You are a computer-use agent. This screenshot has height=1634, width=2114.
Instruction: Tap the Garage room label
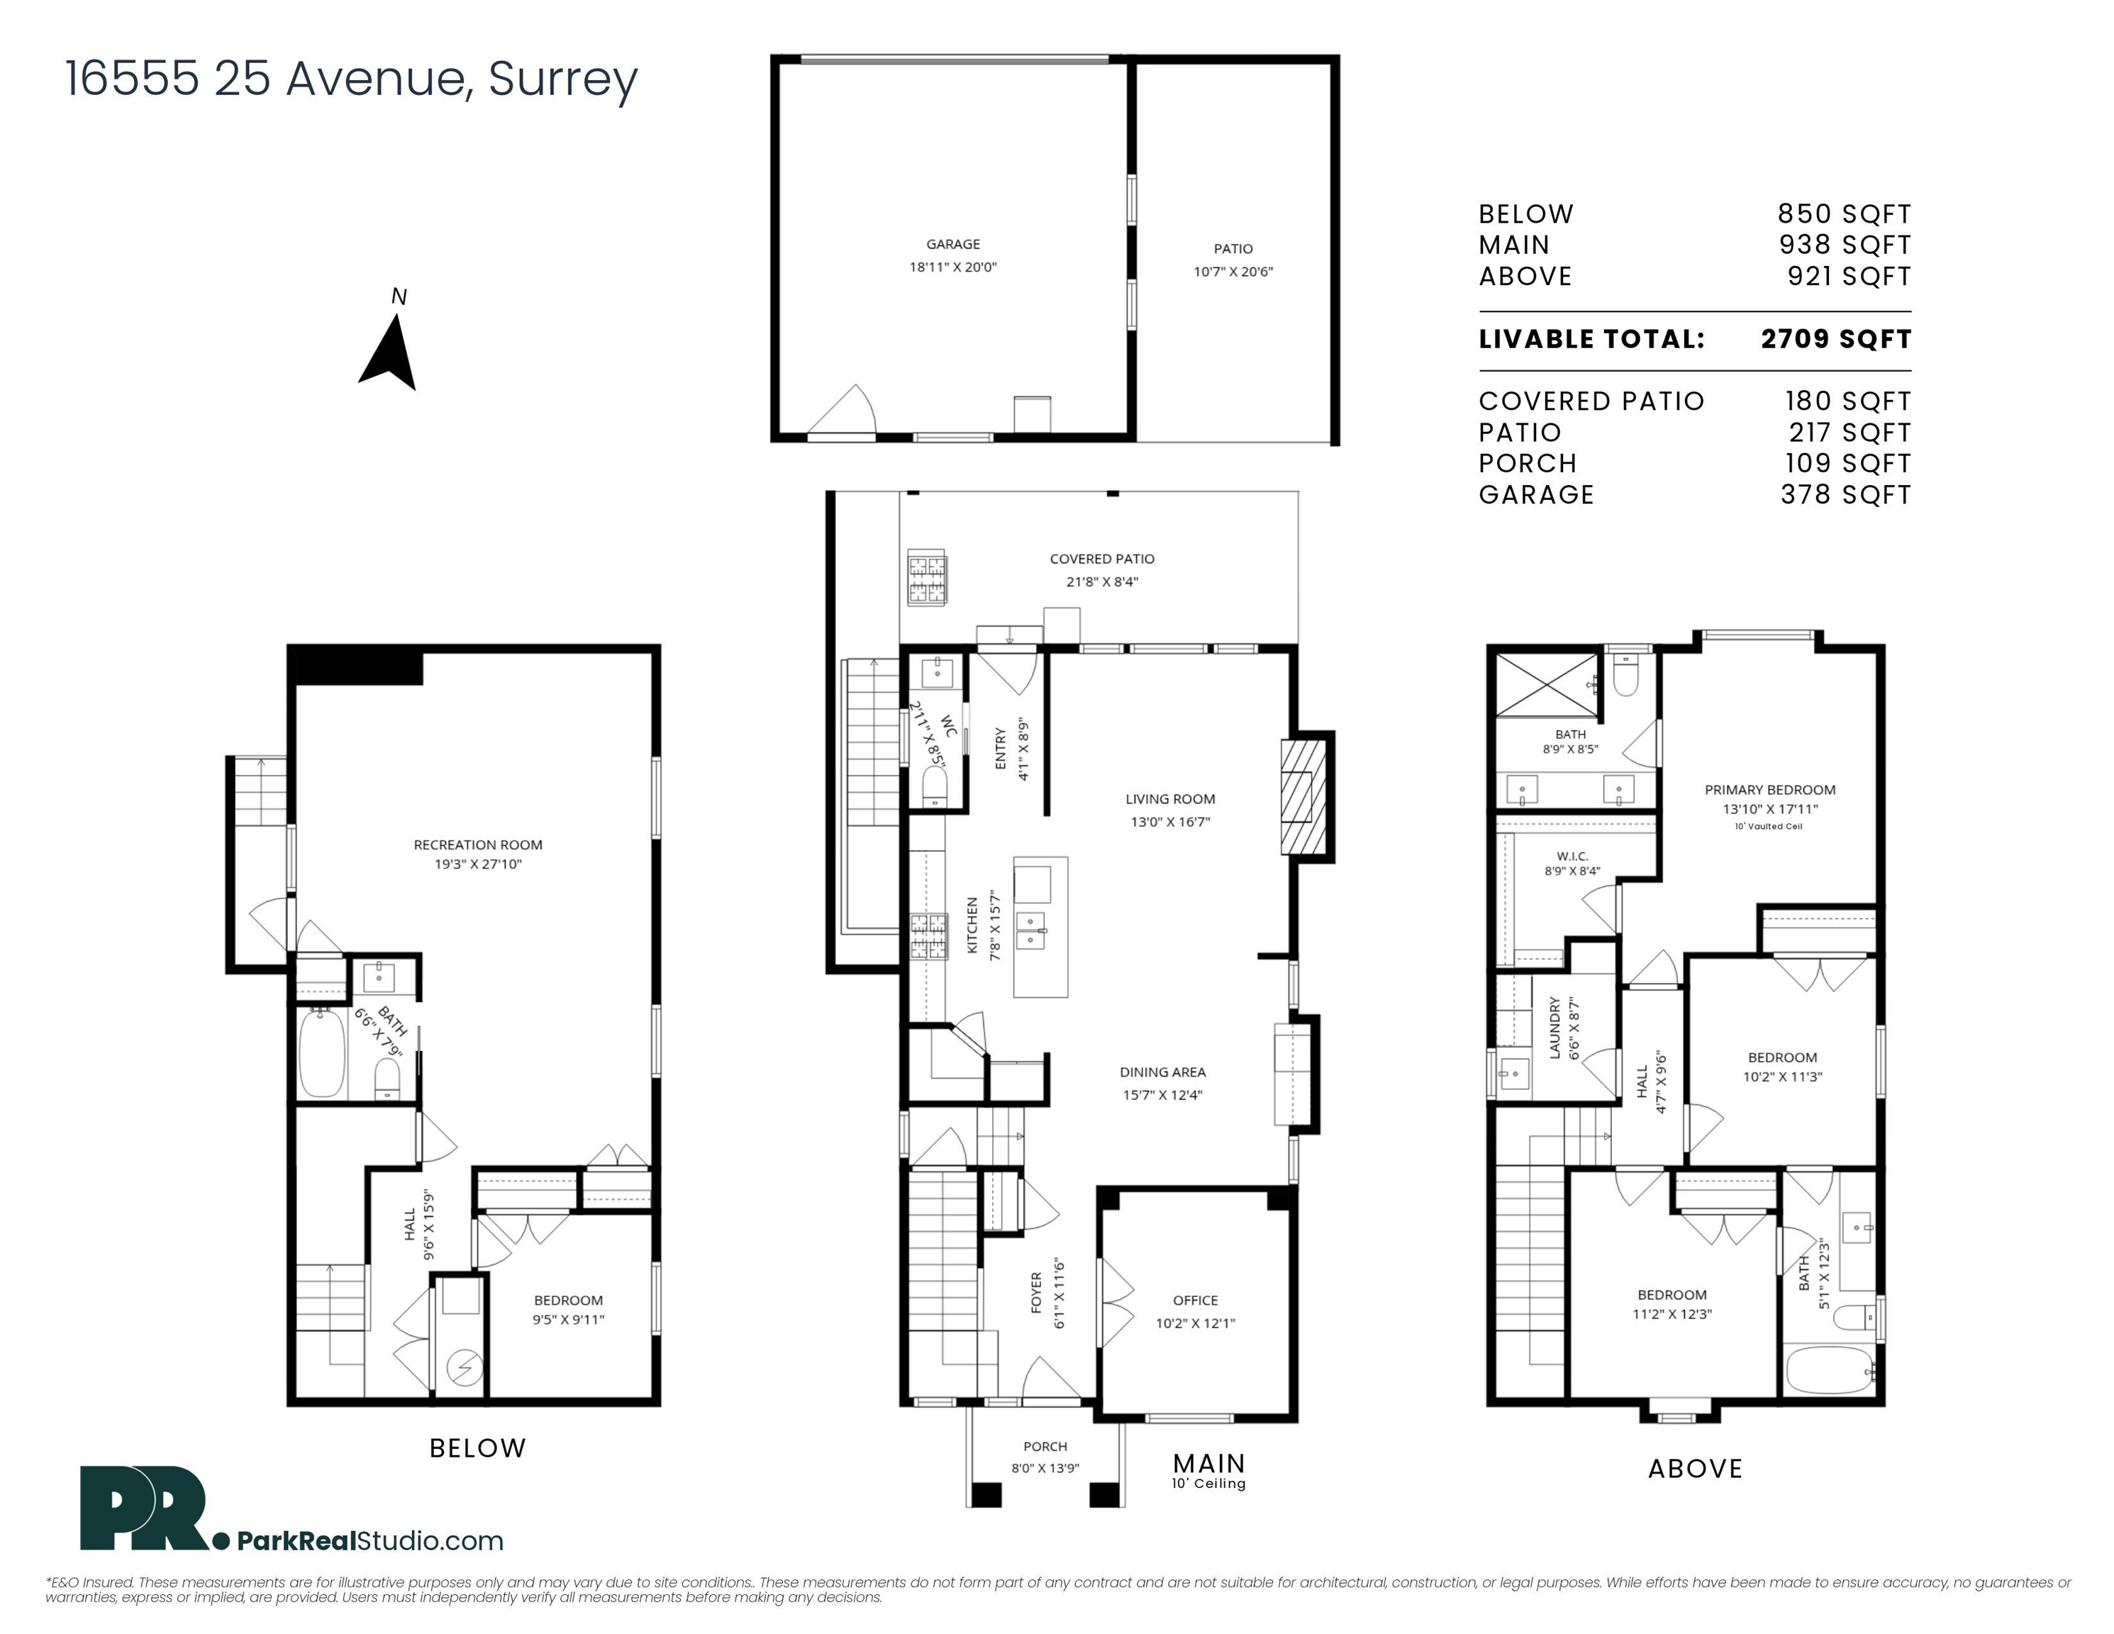pos(952,245)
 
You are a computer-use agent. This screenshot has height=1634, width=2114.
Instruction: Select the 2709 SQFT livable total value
pos(1835,339)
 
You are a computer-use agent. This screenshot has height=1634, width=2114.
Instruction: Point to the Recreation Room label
pos(478,845)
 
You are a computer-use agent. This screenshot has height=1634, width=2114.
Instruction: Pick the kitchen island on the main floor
pos(1040,926)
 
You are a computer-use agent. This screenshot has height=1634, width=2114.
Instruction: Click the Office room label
pos(1196,1300)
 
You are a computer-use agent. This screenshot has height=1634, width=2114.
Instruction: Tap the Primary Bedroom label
pos(1769,790)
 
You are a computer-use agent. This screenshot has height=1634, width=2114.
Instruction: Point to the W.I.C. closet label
pos(1572,856)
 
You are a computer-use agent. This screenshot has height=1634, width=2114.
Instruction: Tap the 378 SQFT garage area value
pos(1846,494)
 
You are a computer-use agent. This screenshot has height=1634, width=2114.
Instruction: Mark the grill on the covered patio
pos(926,578)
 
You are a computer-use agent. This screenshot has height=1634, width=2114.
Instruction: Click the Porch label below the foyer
pos(1045,1446)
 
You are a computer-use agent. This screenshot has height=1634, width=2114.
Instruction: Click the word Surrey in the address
pos(562,79)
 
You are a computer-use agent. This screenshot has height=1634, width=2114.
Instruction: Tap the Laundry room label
pos(1554,1028)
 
